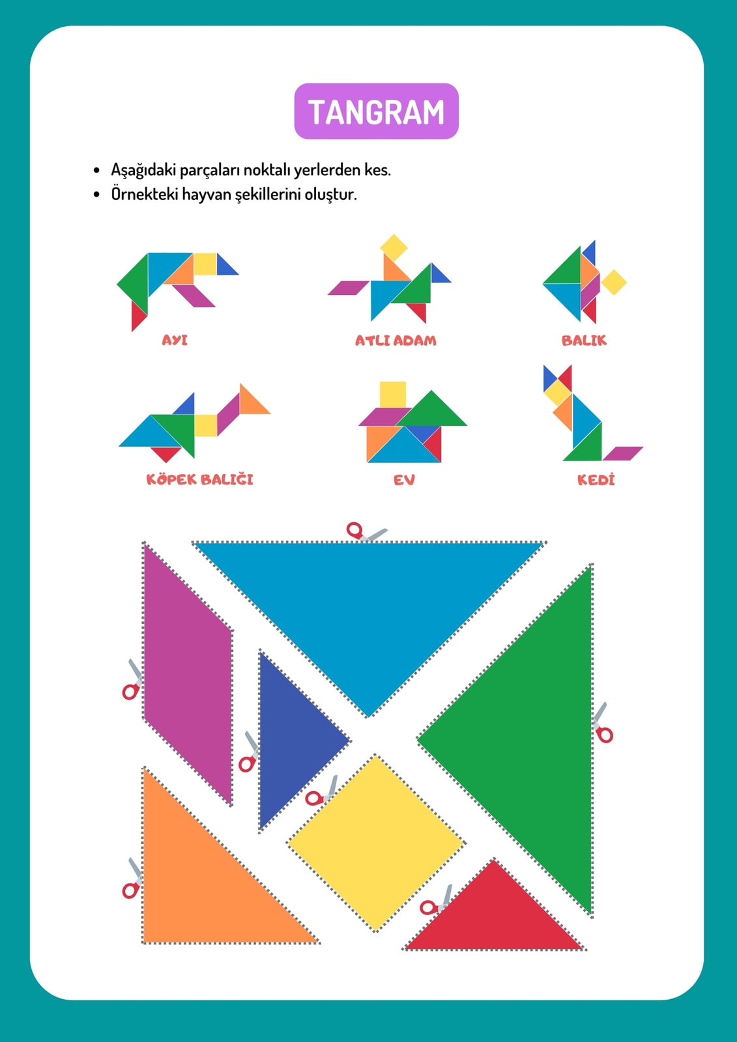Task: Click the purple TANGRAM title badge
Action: pyautogui.click(x=376, y=111)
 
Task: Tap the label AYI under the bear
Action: pyautogui.click(x=175, y=340)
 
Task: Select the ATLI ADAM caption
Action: pyautogui.click(x=396, y=341)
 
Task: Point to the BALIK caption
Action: pyautogui.click(x=584, y=341)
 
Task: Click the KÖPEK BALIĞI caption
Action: pyautogui.click(x=200, y=479)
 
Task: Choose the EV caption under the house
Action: pyautogui.click(x=403, y=479)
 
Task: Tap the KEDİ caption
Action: pyautogui.click(x=596, y=479)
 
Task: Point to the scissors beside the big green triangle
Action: pyautogui.click(x=603, y=722)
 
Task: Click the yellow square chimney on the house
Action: pyautogui.click(x=392, y=395)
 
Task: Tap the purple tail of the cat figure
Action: pyautogui.click(x=623, y=453)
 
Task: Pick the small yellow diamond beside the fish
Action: pyautogui.click(x=614, y=282)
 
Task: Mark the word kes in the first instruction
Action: pyautogui.click(x=377, y=170)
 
